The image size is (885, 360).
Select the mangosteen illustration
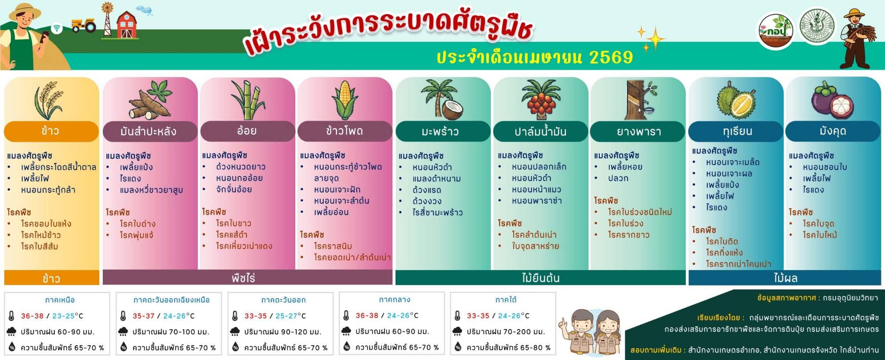[x=832, y=101]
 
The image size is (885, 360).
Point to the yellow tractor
[x=84, y=25]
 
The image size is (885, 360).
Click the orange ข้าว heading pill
[x=51, y=131]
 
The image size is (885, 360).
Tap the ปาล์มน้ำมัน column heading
[x=541, y=131]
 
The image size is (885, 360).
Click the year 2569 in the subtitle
[x=611, y=57]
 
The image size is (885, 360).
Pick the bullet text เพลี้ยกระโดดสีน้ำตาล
[x=58, y=167]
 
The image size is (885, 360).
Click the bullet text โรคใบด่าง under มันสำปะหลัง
[x=138, y=224]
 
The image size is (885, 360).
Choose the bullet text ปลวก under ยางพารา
[x=618, y=178]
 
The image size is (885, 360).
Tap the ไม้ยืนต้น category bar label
[x=541, y=278]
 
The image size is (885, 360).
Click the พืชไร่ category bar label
[x=243, y=278]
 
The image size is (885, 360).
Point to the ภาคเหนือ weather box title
[x=60, y=300]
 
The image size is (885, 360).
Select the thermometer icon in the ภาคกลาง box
[x=346, y=316]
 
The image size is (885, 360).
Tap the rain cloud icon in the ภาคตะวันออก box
[x=235, y=332]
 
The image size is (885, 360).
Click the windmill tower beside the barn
[x=107, y=19]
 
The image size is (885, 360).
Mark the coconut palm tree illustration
[x=441, y=100]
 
